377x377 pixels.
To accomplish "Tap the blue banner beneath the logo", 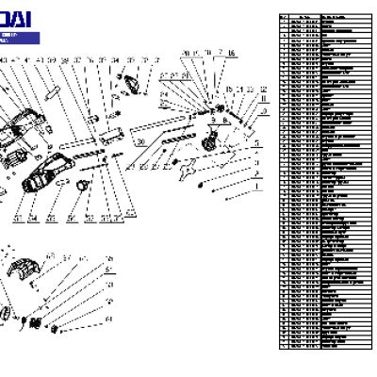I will [x=19, y=39].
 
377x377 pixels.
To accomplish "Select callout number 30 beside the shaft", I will [x=139, y=141].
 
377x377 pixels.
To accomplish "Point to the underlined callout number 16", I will [x=231, y=55].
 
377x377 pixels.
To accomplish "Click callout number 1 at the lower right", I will [x=254, y=187].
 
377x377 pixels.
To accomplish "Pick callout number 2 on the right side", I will [x=255, y=174].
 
